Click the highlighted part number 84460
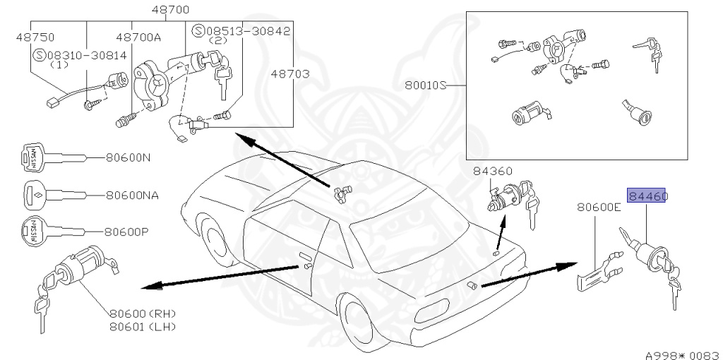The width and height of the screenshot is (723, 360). tap(647, 196)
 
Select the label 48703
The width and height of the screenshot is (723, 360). tap(289, 73)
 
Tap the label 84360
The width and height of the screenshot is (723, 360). tap(493, 171)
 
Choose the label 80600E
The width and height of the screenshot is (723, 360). tap(599, 207)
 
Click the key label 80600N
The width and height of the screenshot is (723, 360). tap(128, 157)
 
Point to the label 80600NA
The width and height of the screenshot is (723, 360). tap(131, 194)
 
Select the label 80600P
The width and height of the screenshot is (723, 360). tap(128, 231)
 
